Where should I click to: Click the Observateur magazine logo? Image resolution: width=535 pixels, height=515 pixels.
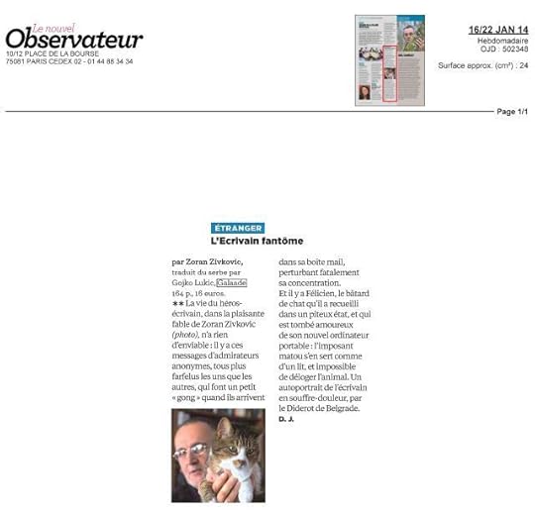tap(74, 38)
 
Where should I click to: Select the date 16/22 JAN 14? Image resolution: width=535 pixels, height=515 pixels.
tap(498, 30)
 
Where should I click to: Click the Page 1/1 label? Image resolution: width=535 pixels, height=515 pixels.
tap(512, 111)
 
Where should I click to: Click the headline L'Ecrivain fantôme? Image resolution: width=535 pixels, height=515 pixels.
tap(257, 241)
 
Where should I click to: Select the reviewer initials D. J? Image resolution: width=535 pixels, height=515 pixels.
tap(286, 419)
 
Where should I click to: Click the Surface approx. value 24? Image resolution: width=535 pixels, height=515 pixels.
tap(523, 65)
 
